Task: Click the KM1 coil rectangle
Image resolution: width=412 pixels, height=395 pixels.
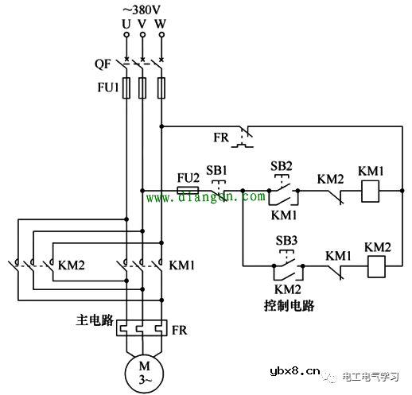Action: pyautogui.click(x=371, y=191)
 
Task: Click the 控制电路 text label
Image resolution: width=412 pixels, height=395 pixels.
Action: pyautogui.click(x=289, y=304)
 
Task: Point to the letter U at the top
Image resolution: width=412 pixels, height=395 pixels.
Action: pyautogui.click(x=125, y=24)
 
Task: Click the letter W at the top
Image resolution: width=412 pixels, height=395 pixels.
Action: pyautogui.click(x=161, y=24)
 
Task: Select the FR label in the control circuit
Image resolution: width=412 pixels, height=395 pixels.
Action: pyautogui.click(x=221, y=137)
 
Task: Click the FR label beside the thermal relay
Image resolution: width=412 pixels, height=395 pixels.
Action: pyautogui.click(x=182, y=327)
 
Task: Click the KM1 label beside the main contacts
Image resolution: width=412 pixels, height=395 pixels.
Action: pyautogui.click(x=182, y=264)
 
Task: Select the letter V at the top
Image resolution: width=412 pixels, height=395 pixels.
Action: pyautogui.click(x=142, y=24)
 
